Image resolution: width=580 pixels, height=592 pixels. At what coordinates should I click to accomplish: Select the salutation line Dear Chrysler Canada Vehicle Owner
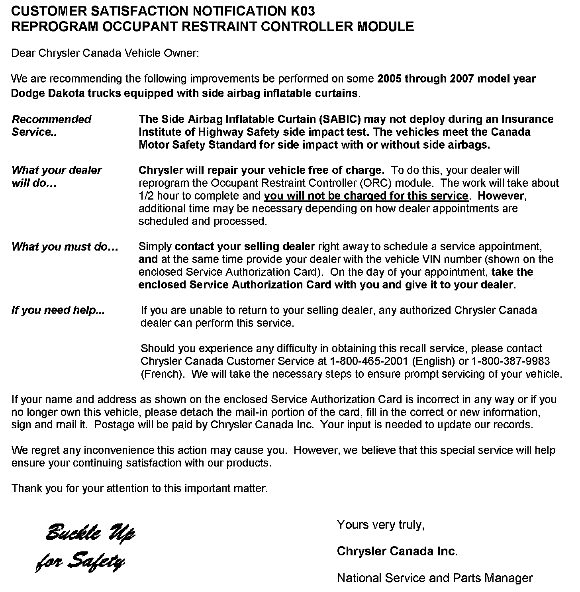pos(105,53)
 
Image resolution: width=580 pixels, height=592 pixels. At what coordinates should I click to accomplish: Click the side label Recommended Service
pos(51,125)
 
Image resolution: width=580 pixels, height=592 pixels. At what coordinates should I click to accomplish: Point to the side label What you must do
pos(65,247)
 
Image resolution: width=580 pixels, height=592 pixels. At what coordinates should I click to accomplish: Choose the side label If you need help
pos(58,310)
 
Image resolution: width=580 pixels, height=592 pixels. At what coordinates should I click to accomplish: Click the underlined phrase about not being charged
pos(366,196)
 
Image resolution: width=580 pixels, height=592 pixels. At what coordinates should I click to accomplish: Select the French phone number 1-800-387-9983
pos(511,361)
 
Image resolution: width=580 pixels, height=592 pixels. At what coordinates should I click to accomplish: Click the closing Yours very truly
pos(380,525)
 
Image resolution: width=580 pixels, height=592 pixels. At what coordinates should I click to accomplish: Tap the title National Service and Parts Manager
pos(435,578)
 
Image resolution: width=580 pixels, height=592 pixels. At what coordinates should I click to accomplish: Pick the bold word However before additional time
pos(502,196)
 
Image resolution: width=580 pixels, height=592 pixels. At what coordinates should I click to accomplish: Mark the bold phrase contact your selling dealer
pos(245,247)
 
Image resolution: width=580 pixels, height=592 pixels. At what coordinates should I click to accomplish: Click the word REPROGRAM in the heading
pos(54,26)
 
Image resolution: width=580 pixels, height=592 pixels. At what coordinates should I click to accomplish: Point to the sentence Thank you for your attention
pos(140,488)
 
